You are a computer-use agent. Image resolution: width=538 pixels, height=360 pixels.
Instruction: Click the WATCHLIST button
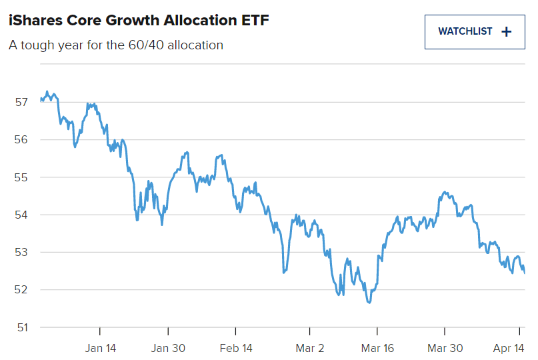[474, 31]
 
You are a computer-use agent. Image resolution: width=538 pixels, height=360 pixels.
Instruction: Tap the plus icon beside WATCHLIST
[506, 31]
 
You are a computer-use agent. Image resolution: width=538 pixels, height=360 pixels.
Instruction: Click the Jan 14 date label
[100, 348]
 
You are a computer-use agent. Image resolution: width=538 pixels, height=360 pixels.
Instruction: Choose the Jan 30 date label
[168, 348]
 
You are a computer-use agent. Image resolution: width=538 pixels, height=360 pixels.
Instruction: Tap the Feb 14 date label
[236, 348]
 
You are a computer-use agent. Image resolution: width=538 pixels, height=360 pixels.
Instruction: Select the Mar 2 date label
[309, 348]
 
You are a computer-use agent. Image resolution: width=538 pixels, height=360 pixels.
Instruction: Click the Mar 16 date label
[377, 348]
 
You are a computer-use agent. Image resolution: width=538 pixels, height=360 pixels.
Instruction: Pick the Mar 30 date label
[445, 348]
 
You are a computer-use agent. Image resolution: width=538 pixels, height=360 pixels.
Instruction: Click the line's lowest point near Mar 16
[369, 303]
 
